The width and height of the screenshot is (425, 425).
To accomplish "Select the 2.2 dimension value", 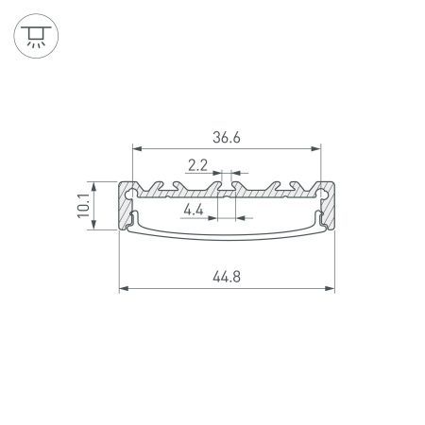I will click(x=198, y=165).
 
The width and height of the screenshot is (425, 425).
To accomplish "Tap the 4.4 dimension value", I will click(x=196, y=209).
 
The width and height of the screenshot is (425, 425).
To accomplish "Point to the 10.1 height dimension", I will click(x=83, y=204).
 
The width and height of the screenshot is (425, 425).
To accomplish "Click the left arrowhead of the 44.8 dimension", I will click(x=123, y=288).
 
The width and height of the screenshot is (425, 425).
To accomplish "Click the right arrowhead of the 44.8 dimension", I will click(x=332, y=288).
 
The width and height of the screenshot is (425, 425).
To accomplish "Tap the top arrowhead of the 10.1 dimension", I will click(x=93, y=183).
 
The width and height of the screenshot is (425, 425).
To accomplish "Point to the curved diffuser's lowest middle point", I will click(x=228, y=236).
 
